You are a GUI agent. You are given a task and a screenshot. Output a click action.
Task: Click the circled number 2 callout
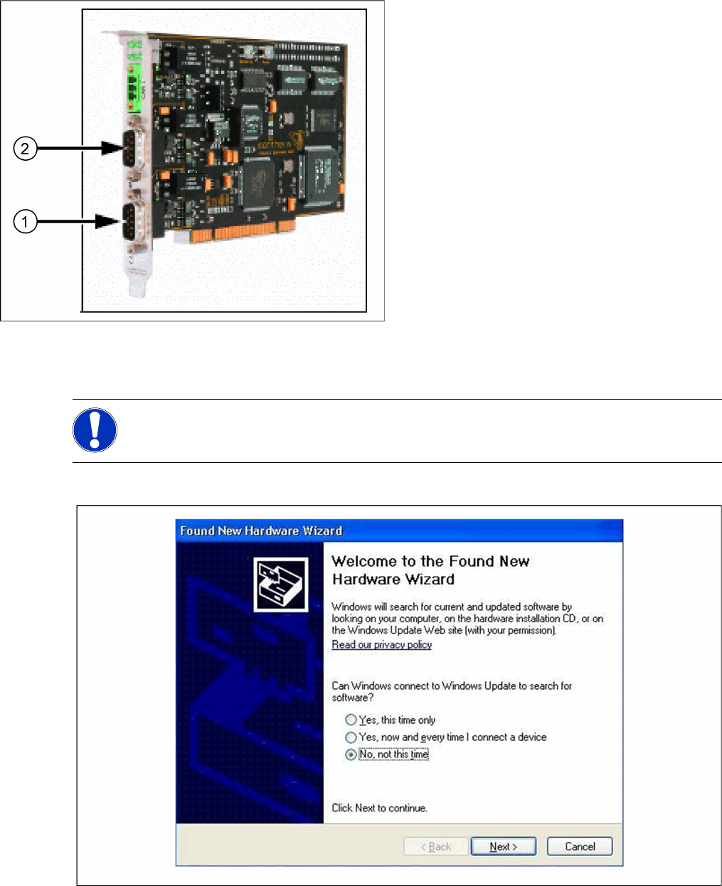[25, 149]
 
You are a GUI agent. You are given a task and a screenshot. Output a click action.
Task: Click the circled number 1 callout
[25, 222]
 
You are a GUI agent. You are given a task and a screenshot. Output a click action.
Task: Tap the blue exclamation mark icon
[95, 429]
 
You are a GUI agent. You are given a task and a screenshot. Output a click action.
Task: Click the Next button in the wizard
[503, 846]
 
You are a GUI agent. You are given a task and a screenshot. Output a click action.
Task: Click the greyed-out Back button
[436, 846]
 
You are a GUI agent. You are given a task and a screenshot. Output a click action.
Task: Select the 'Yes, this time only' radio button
[351, 720]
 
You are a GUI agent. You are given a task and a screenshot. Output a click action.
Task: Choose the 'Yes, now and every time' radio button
[351, 737]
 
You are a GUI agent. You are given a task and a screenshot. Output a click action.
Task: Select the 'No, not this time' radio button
[351, 754]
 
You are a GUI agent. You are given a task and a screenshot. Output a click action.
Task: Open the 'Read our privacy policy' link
[381, 644]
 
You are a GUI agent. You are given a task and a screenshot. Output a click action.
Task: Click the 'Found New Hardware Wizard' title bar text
[261, 530]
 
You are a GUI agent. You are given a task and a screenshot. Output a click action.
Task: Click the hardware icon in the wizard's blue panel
[281, 585]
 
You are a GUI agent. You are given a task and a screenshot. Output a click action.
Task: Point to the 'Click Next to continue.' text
[379, 808]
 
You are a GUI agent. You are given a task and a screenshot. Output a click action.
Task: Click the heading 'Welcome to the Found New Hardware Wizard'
[430, 570]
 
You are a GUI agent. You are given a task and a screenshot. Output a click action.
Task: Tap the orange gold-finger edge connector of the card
[242, 232]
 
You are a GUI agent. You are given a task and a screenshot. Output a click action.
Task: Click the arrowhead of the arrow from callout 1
[108, 222]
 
